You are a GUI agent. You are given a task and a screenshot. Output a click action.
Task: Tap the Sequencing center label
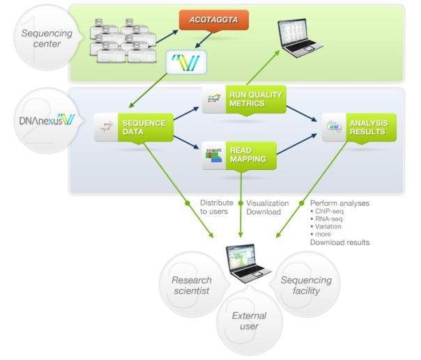41,38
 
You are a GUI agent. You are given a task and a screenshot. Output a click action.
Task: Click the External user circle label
249,320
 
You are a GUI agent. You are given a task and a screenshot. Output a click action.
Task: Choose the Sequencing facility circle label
306,285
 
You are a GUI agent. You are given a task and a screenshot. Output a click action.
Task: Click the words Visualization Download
268,208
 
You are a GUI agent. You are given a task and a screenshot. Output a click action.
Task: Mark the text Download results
339,242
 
